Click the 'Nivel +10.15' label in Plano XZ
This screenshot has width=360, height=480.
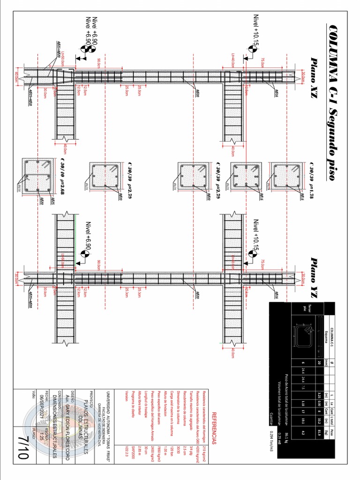(256, 31)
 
